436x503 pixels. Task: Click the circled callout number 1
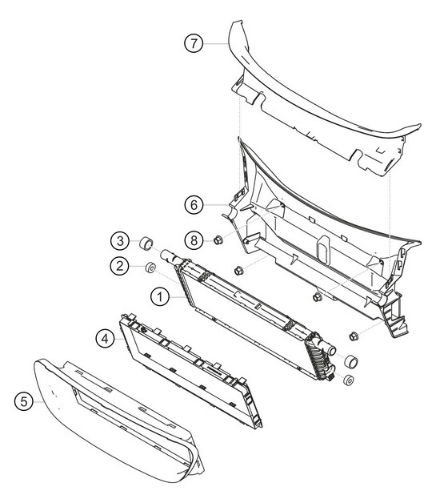[160, 296]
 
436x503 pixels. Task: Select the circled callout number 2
[118, 265]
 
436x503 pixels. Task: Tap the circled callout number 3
[118, 240]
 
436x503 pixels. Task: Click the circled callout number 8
[193, 239]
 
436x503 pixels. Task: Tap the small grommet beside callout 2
[149, 266]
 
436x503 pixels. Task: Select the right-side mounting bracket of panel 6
[395, 316]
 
